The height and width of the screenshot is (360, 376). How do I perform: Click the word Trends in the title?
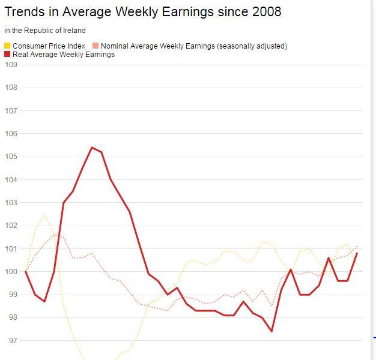(25, 12)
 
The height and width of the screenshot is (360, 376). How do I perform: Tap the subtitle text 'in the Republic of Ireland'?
(45, 31)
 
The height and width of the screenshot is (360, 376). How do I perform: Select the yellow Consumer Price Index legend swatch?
(7, 46)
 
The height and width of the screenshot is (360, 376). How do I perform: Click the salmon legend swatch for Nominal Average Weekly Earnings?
(96, 46)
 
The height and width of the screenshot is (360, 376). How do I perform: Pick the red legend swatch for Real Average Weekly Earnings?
(7, 55)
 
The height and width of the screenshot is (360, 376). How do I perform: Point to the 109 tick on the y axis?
(11, 65)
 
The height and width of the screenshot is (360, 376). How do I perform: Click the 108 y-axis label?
(11, 88)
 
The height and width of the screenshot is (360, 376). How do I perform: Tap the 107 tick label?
(11, 111)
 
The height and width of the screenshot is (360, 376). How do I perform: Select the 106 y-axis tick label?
(11, 134)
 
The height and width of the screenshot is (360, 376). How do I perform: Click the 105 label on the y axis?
(11, 157)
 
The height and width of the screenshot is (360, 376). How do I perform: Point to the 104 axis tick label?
(11, 180)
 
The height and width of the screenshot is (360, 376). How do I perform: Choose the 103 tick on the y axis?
(11, 203)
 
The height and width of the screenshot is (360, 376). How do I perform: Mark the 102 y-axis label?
(11, 226)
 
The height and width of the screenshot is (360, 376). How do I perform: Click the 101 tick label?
(11, 248)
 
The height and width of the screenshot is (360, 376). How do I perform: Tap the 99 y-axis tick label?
(11, 295)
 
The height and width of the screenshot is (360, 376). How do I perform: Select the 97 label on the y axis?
(11, 341)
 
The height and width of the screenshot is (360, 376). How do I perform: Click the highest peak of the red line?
(92, 148)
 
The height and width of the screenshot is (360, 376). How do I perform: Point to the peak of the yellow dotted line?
(44, 214)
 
